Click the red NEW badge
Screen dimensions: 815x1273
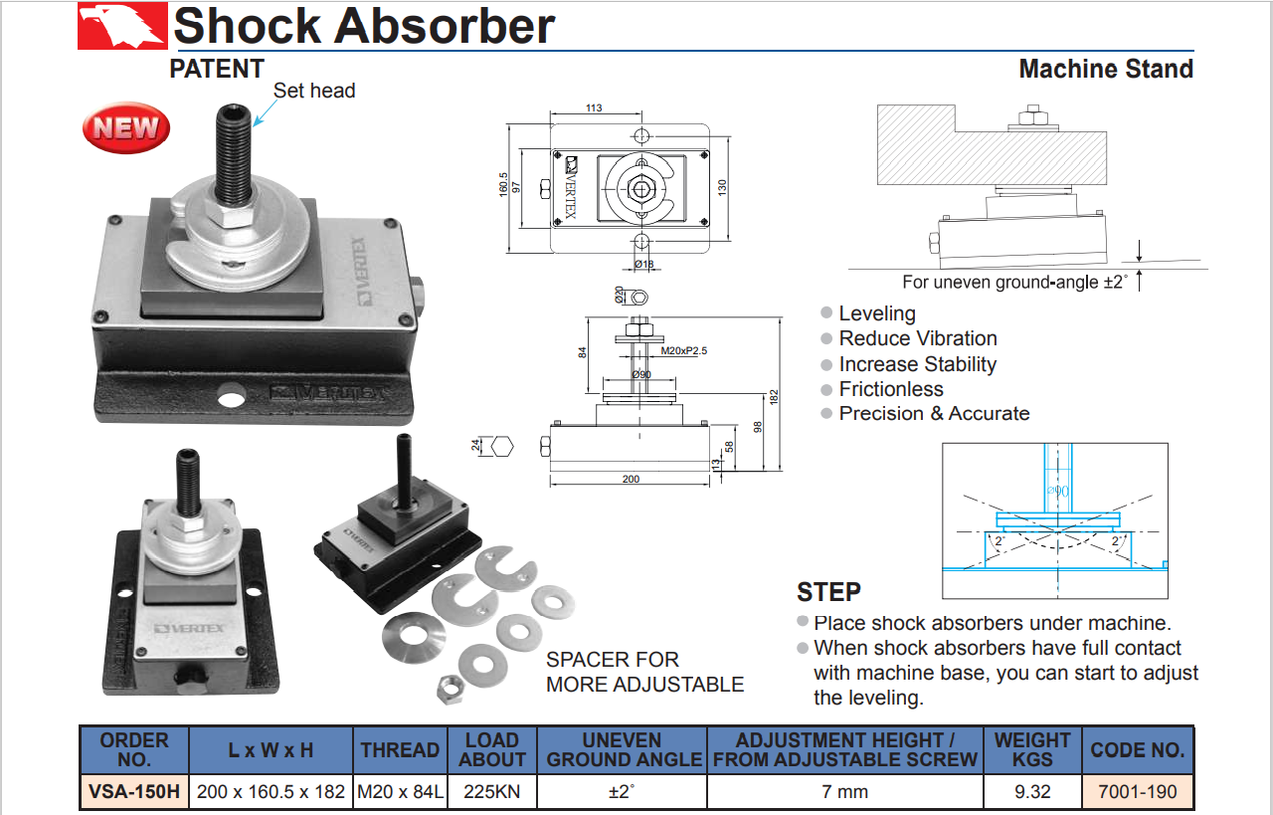(x=126, y=127)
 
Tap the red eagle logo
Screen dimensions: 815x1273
(x=122, y=27)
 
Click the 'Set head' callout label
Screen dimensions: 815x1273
(x=314, y=91)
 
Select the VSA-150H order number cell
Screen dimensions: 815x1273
(x=134, y=792)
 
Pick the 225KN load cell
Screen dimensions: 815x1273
(x=491, y=792)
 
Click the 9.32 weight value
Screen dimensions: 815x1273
(x=1032, y=792)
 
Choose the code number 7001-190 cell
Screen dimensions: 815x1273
(x=1137, y=792)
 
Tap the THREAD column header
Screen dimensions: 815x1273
(x=400, y=750)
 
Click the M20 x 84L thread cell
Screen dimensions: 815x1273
(x=400, y=792)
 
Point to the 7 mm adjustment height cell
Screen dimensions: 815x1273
(x=845, y=792)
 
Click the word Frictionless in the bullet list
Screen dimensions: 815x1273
(x=891, y=389)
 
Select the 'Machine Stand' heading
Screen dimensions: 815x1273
(x=1106, y=70)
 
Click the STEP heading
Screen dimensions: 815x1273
(x=828, y=592)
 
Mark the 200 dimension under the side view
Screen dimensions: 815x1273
(x=631, y=480)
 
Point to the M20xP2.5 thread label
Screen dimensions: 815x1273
(x=683, y=351)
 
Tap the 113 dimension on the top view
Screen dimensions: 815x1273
(x=594, y=108)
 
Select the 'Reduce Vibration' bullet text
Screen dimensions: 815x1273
(x=917, y=338)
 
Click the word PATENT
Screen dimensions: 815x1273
(x=217, y=69)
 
